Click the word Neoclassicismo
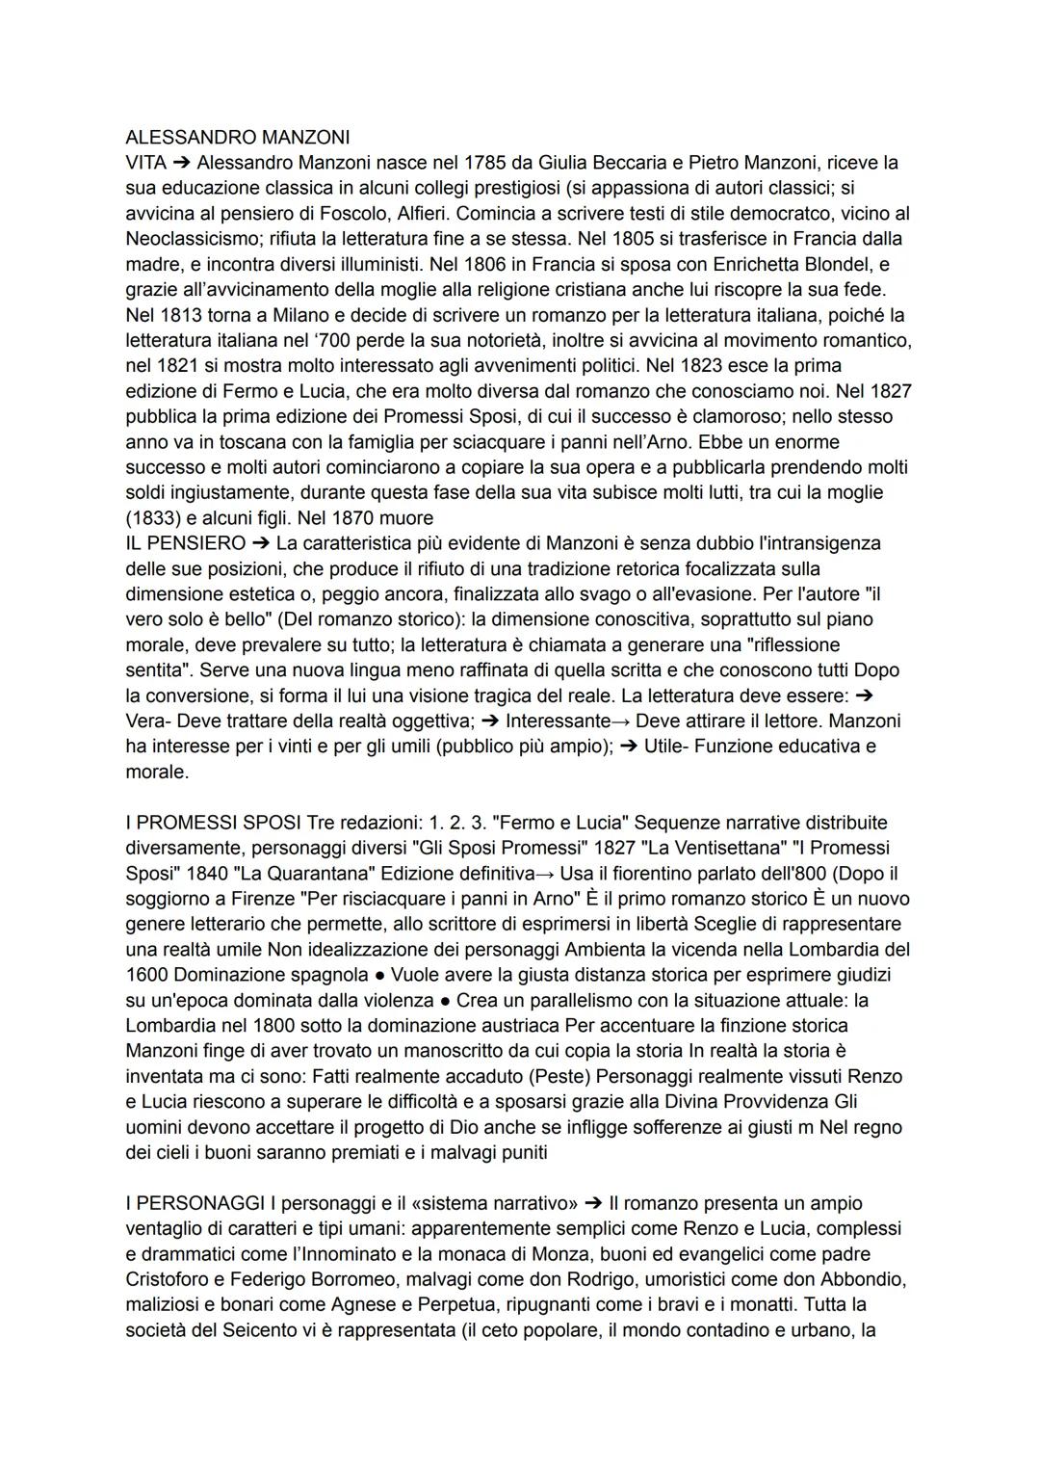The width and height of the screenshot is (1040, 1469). coord(188,238)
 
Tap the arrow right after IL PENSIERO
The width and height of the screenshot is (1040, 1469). coord(260,543)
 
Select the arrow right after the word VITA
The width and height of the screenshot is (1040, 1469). coord(181,162)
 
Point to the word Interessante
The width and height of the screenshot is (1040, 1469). coord(558,721)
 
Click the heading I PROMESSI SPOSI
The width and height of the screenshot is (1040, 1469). coord(214,823)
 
